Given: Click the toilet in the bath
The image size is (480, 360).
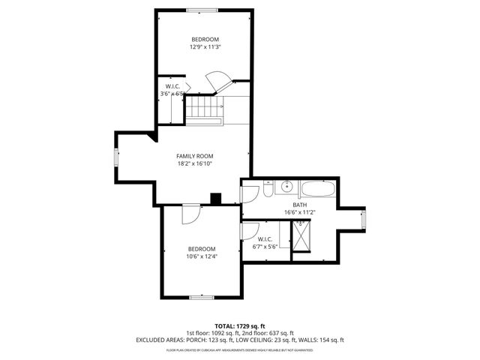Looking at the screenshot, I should point(268,191).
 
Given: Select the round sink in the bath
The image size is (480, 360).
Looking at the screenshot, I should point(286,187).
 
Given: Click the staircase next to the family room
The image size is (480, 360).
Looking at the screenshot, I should point(204,110).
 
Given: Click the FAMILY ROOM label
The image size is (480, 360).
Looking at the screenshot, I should point(195,156).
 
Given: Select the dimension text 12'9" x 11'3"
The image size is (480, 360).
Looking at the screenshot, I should point(205,46).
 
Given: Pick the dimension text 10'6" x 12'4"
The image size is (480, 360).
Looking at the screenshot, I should point(202,256).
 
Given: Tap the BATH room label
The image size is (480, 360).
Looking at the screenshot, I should point(299,205).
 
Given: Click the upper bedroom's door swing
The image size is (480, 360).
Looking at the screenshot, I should point(216,81).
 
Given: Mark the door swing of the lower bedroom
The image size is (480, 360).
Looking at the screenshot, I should point(190,214).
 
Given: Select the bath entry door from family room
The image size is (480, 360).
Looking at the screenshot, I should point(247,193).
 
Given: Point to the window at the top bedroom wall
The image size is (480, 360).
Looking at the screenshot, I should point(204,10).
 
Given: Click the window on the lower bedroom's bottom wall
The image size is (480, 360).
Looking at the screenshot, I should point(202,297).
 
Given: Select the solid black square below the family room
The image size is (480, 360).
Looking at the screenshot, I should point(216,199).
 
